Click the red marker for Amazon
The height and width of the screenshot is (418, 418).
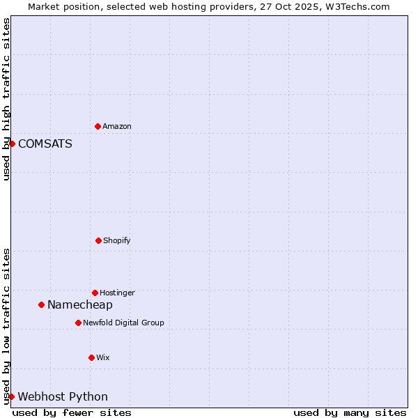[x=98, y=126]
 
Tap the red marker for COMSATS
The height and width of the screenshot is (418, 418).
[x=12, y=144]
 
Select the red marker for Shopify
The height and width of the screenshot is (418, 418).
[x=98, y=240]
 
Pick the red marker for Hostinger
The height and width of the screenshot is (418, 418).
[x=95, y=293]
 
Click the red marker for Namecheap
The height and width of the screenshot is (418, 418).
[x=41, y=304]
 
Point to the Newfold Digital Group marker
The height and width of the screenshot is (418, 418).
[x=78, y=323]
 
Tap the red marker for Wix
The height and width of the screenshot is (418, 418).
[x=91, y=357]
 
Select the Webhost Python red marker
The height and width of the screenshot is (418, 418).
[x=11, y=396]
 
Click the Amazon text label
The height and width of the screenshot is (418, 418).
[x=117, y=126]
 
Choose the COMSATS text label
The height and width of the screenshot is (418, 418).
[x=45, y=144]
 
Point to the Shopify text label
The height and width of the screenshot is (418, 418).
[x=117, y=240]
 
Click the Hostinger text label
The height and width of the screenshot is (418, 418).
[x=117, y=293]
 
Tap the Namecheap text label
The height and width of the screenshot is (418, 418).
[x=80, y=304]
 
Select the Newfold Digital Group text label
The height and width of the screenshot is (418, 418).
[x=123, y=323]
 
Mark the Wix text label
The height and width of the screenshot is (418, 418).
[x=103, y=357]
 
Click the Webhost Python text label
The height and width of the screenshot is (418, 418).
[x=63, y=396]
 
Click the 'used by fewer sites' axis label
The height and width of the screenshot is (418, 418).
[x=72, y=412]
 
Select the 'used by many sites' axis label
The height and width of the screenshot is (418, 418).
[x=350, y=412]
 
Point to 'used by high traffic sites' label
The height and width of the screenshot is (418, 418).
[x=6, y=99]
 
